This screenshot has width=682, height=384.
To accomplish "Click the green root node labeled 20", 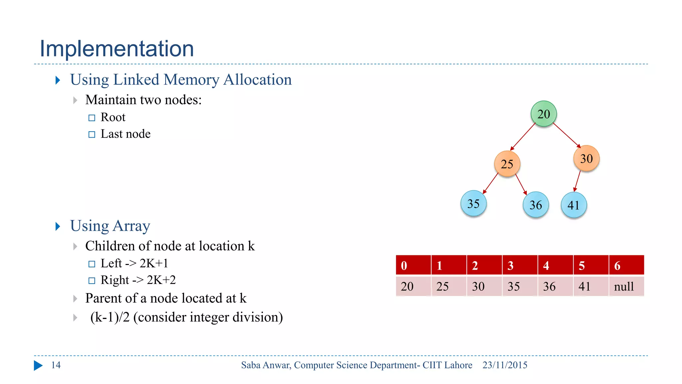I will pos(543,114).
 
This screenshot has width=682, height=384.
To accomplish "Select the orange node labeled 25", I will pos(507,164).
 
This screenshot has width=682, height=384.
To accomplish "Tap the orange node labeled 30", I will pos(586,158).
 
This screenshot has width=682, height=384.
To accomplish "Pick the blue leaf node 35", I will pos(473,203).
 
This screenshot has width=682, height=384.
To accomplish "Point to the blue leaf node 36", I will pos(535,205).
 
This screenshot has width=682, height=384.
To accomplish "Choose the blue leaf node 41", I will pos(573,205).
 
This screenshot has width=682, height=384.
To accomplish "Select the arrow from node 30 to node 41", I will pos(577,181).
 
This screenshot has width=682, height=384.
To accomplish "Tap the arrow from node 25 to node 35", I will pos(491,183).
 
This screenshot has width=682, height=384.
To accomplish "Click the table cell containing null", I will pos(626,286).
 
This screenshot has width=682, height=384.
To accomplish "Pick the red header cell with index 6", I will pos(626,265).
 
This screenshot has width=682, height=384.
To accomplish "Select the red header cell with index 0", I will pos(413,265).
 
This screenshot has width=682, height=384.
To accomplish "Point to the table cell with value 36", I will pos(555,286).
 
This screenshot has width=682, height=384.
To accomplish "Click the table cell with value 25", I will pos(449,286).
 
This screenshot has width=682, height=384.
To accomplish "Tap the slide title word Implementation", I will pos(117,49).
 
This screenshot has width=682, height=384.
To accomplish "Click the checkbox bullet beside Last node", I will pos(92,134).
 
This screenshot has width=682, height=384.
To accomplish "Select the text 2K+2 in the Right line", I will pos(161,280).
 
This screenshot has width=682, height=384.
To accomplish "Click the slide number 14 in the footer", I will pos(56,365).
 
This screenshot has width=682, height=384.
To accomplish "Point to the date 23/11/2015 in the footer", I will pos(505,365).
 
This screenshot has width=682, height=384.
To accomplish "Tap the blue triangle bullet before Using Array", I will pos(58,226).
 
